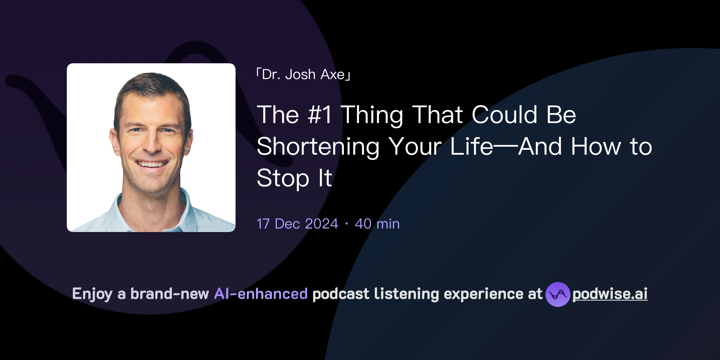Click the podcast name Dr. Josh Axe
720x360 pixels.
coord(303,75)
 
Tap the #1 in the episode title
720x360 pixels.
coord(319,115)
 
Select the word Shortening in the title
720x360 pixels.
coord(318,147)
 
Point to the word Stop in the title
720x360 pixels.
coord(283,178)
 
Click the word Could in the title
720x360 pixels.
coord(504,115)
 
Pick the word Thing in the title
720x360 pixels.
coord(372,115)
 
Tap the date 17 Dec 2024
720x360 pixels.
coord(297,224)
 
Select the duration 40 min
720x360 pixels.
coord(377,224)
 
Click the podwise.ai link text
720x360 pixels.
coord(610,294)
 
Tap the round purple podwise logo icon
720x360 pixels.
coord(558,294)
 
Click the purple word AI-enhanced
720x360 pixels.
coord(261,294)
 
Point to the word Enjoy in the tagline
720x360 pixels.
coord(92,294)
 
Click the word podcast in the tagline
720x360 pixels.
coord(341,294)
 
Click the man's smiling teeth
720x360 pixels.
coord(152,164)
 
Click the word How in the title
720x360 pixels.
coord(596,147)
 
